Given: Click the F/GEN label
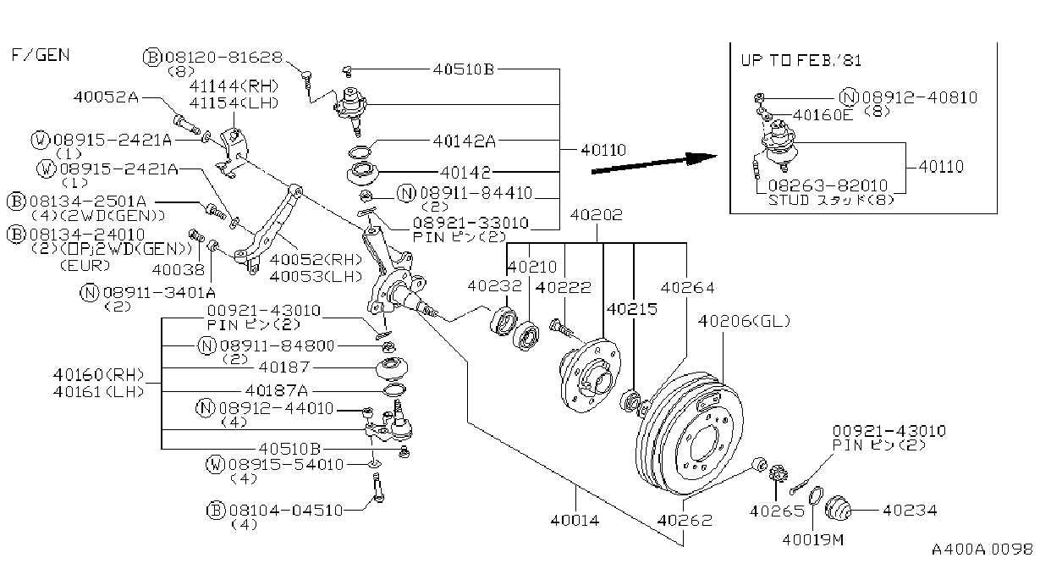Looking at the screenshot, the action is point(40,55).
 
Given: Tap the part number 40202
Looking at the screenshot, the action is point(596,215).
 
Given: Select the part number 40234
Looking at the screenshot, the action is point(910,511).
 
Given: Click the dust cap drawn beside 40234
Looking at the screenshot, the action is point(839,508).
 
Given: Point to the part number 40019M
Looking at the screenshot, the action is point(813,539).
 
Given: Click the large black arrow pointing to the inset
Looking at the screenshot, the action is point(654,163).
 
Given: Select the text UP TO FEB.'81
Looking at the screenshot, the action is point(801,60).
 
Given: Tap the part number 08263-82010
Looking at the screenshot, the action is point(828,185).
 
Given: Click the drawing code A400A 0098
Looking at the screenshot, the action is point(982,550).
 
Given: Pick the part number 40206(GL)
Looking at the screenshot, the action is point(745,321).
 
